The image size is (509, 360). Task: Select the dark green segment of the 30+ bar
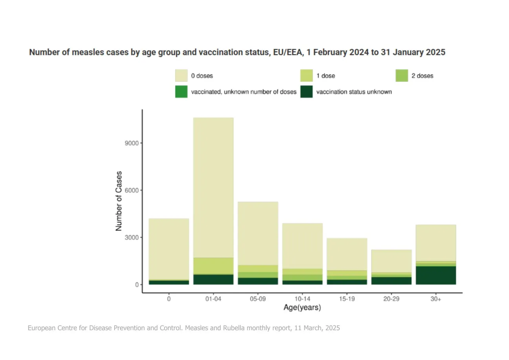coord(436,276)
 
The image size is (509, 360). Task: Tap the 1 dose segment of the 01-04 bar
coord(213,266)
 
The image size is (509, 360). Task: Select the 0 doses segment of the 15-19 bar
coord(347,254)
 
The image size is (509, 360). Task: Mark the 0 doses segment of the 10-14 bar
coord(302,246)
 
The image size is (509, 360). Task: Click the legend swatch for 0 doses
coord(181,75)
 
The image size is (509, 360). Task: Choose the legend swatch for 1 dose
coord(306,75)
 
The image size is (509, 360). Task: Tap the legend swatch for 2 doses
coord(402,75)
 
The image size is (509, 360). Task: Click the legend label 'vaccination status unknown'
coord(354,92)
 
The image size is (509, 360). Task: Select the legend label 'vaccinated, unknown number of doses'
coord(244,92)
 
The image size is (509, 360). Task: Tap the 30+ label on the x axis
coord(436,299)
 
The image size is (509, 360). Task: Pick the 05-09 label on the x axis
coord(258,299)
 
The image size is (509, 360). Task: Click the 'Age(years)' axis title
coord(302,308)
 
